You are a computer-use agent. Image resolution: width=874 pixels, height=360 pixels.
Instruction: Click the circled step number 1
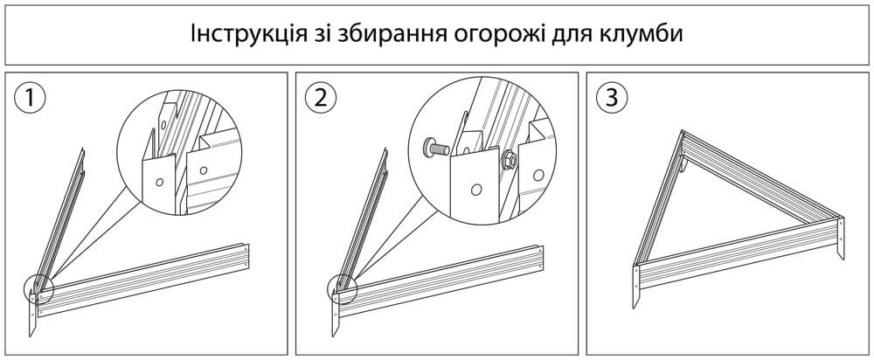[32, 98]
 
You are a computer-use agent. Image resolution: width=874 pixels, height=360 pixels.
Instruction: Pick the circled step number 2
[321, 98]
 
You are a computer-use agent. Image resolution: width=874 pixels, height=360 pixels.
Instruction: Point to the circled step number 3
[609, 98]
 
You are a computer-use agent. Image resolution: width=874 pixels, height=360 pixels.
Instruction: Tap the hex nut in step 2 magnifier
[508, 160]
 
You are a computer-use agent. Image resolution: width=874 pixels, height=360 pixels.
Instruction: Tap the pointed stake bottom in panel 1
[31, 329]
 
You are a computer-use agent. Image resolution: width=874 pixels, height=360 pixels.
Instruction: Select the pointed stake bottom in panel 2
[336, 328]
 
